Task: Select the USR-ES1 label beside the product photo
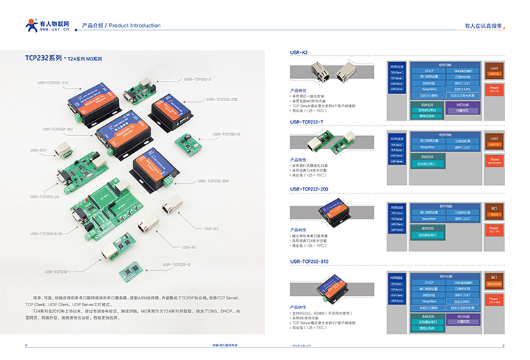[38, 150]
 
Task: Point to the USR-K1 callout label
[190, 247]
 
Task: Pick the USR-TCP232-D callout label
[224, 134]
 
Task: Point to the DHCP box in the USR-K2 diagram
[428, 70]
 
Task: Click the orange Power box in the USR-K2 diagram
[494, 89]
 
